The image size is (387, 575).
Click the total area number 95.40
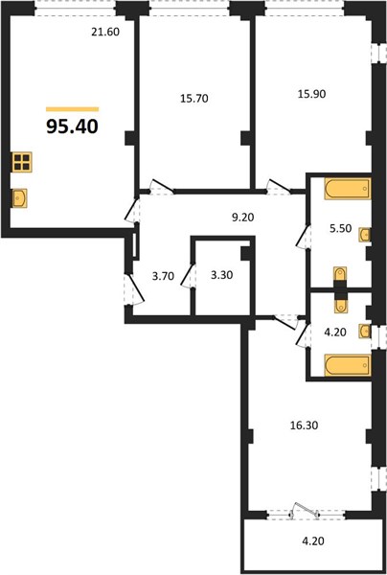click(72, 126)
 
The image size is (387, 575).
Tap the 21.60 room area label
click(105, 33)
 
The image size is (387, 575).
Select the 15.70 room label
click(194, 99)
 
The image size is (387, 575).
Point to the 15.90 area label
click(312, 94)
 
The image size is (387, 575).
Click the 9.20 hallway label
click(243, 218)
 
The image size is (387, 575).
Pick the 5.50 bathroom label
click(341, 228)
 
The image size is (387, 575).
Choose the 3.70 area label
click(163, 276)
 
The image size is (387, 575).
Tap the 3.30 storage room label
click(221, 275)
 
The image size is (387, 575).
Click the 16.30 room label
click(304, 425)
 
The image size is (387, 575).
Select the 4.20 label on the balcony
click(313, 540)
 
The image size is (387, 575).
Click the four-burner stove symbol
click(22, 162)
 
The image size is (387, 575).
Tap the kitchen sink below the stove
click(20, 198)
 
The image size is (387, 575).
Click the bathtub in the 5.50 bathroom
click(348, 189)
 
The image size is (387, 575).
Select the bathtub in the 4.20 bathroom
click(348, 365)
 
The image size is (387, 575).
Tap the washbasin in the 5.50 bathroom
click(365, 235)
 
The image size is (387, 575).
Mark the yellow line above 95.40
click(72, 109)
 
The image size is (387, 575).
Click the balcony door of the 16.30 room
click(305, 511)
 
